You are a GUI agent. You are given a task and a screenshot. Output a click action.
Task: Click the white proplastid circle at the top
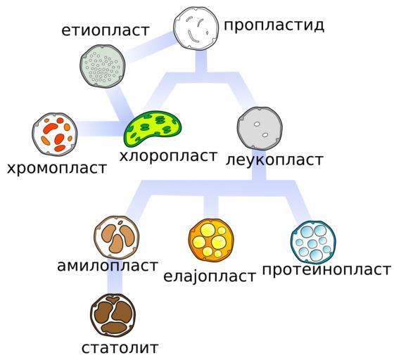tap(197, 28)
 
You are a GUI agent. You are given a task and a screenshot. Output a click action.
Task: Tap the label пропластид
tap(274, 25)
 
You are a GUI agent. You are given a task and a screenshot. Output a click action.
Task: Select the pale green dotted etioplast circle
tap(103, 66)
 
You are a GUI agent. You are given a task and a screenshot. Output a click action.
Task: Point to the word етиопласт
tap(106, 31)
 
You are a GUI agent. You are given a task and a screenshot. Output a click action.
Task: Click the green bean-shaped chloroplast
tap(153, 128)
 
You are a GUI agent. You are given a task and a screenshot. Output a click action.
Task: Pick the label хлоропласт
tap(168, 156)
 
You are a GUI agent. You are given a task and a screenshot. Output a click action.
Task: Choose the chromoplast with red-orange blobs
tap(55, 134)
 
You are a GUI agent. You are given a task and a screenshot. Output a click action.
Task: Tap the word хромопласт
tap(57, 168)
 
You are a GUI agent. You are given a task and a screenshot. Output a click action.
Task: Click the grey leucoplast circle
tap(260, 129)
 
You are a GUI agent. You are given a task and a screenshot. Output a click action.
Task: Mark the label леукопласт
tap(274, 160)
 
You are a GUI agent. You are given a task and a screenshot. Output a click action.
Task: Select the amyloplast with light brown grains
tap(117, 238)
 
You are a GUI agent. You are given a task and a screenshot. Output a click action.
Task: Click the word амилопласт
tap(108, 266)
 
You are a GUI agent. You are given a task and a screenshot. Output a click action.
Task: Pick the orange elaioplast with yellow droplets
tap(211, 240)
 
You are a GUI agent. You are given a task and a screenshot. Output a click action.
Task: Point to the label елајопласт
tap(210, 276)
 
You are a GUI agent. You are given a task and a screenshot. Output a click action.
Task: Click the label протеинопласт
tap(326, 270)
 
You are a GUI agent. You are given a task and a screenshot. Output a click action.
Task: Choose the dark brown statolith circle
tap(113, 315)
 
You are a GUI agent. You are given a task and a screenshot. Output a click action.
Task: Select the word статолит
tap(120, 348)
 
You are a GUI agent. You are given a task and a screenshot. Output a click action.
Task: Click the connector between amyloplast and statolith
tap(115, 276)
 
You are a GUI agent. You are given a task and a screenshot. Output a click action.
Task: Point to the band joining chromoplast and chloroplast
tap(101, 129)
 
